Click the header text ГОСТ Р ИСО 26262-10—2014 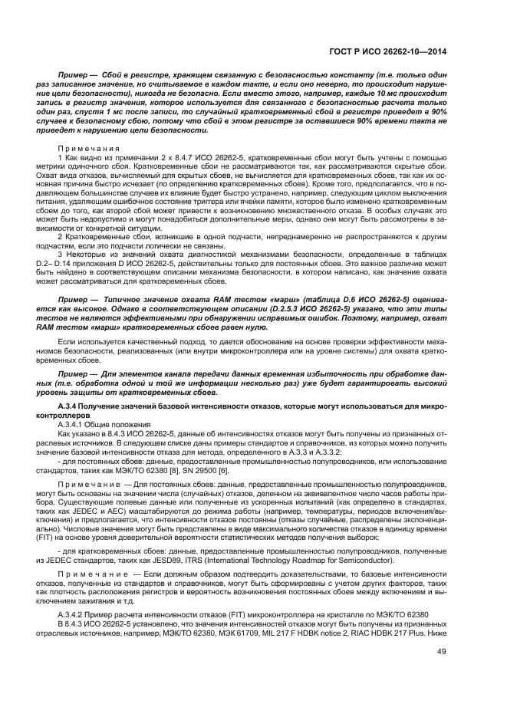point(389,51)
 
